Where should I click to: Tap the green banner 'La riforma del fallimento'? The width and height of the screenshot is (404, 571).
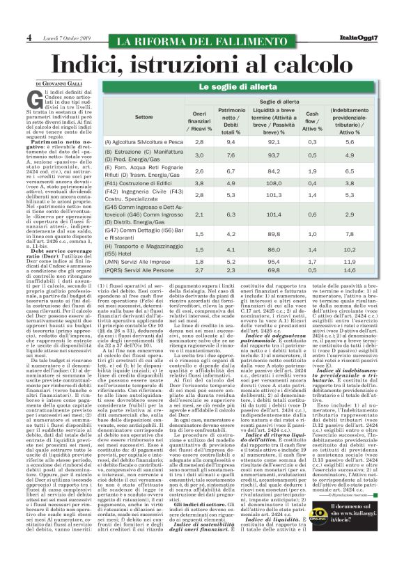point(201,40)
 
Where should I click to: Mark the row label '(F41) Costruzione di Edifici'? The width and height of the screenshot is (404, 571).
point(141,164)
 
